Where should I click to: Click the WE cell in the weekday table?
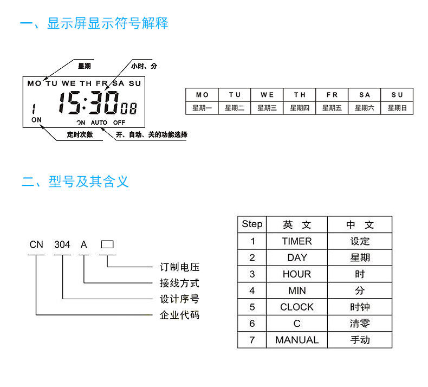(267, 95)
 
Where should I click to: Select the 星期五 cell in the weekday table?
(332, 108)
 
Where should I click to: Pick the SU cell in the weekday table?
(397, 95)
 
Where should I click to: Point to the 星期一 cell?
(202, 108)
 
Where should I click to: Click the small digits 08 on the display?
(128, 108)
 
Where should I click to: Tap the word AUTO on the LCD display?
(99, 122)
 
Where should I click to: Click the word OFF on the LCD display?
(119, 122)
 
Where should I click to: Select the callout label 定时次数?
(80, 134)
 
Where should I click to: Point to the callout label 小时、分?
(144, 66)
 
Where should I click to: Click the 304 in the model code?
(62, 244)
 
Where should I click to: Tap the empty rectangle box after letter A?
(107, 244)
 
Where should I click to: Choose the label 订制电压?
(180, 267)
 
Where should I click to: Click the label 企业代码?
(180, 315)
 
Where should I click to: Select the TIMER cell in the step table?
(297, 241)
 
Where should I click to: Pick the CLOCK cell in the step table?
(297, 307)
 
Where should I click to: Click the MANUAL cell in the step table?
(297, 340)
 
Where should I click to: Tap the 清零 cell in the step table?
(360, 324)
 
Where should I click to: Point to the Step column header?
(252, 224)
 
